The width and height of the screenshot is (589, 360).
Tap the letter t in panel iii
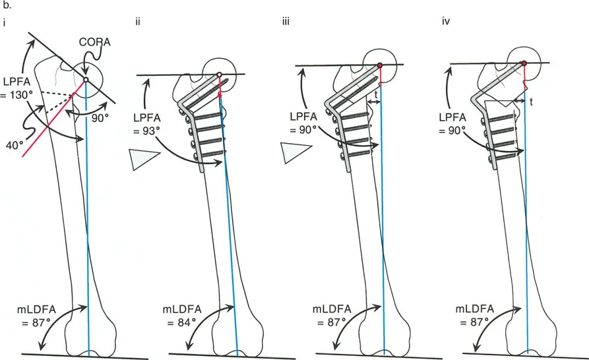(376, 95)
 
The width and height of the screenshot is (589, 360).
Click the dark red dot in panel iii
(381, 65)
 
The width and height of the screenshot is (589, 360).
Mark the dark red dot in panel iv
(524, 63)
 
